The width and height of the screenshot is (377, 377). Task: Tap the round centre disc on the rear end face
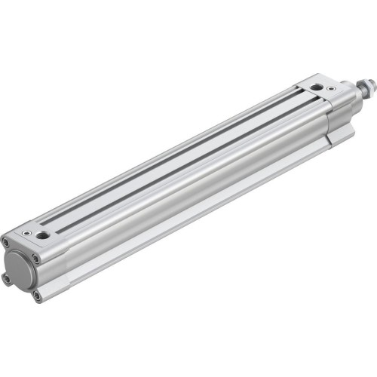click(20, 265)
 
